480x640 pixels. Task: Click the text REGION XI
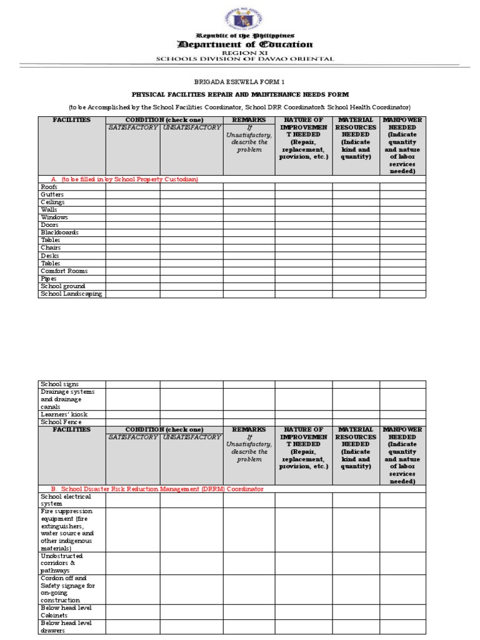[240, 53]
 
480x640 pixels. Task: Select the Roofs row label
[49, 187]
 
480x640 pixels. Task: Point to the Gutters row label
[52, 194]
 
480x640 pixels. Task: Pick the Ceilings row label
[52, 202]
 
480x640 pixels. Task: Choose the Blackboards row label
[59, 232]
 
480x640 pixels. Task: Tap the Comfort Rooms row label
[64, 271]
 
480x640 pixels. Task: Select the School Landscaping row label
[71, 294]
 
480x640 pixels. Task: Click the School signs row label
[59, 384]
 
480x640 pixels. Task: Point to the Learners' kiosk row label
[64, 414]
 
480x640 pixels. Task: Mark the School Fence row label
[61, 422]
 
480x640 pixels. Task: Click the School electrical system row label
[66, 500]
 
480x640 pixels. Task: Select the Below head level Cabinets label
[65, 611]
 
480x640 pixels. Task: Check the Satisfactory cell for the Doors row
[132, 225]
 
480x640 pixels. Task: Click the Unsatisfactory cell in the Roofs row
[191, 187]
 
